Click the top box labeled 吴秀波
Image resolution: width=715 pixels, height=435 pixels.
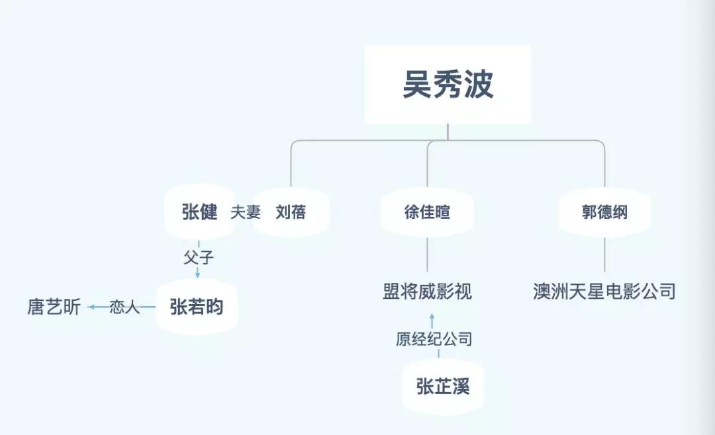point(448,84)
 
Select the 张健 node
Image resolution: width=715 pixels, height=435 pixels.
point(199,212)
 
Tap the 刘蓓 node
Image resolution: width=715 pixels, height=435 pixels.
point(291,212)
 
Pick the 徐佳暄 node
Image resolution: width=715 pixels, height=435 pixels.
point(427,212)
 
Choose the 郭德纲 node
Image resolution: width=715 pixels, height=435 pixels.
point(604,212)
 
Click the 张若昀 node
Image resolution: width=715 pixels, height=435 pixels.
point(197,307)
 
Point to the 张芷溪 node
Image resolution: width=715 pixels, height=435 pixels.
point(443,386)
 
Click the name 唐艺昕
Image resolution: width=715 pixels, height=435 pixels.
point(54,307)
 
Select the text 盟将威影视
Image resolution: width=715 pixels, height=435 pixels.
point(427,292)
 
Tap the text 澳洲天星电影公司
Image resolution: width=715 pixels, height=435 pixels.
point(604,292)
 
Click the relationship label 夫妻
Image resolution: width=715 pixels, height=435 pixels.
point(246,212)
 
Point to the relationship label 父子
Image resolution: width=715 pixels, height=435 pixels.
point(199,257)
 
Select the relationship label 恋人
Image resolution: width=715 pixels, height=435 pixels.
point(124,307)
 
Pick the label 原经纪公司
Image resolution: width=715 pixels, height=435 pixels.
point(434,339)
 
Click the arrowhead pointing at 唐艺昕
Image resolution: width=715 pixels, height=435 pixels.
point(91,307)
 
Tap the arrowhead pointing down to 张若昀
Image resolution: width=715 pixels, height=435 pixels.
point(197,274)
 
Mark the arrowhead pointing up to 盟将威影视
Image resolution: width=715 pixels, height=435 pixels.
point(432,316)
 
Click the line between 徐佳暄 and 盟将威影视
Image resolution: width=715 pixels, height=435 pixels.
point(427,255)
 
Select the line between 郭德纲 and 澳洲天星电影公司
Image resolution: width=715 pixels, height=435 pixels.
point(604,255)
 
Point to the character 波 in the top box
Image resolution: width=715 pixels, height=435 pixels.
point(479,84)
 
